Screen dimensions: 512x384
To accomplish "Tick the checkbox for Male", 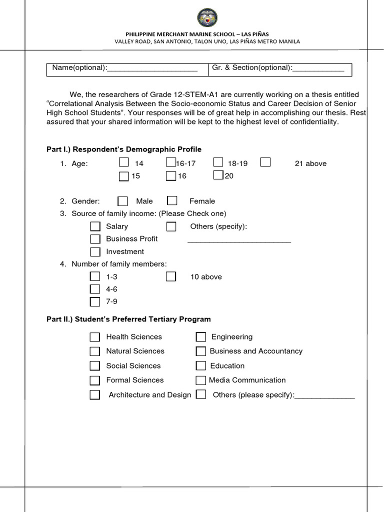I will click(x=122, y=201).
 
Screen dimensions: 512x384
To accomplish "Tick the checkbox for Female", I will click(x=172, y=201).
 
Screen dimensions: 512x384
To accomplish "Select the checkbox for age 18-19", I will click(x=218, y=162).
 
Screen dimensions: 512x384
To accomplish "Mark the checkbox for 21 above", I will click(x=265, y=162).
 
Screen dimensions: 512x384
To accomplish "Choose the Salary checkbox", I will click(x=95, y=226).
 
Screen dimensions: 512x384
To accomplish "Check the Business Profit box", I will click(x=95, y=239).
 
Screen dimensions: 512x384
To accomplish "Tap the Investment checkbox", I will click(x=95, y=251).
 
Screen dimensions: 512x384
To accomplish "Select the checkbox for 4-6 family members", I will click(x=95, y=289).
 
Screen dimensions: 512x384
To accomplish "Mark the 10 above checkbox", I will click(x=171, y=276).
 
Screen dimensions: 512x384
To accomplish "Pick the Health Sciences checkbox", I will click(x=95, y=337).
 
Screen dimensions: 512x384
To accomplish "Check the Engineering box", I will click(x=200, y=337).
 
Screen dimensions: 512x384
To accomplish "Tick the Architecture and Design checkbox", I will click(x=95, y=395).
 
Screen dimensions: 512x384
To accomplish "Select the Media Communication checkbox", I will click(x=200, y=380).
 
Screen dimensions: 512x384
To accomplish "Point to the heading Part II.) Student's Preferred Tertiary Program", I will click(x=128, y=319).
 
